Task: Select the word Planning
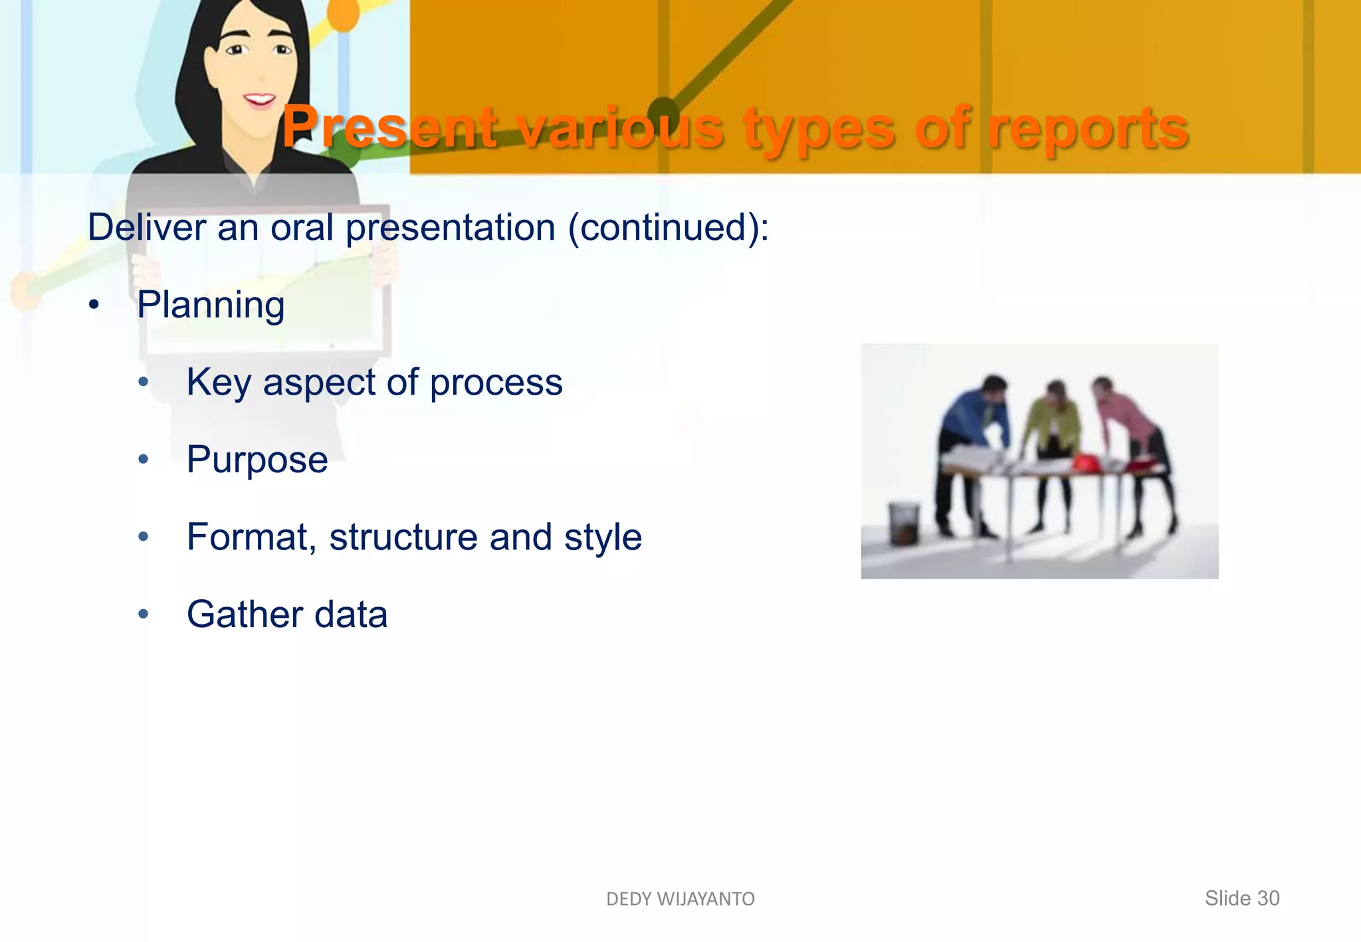(x=211, y=306)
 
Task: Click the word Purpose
(x=257, y=460)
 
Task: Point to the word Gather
(x=244, y=614)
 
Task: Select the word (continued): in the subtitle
(x=668, y=228)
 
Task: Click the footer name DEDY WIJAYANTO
(x=680, y=899)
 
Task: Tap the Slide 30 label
(x=1241, y=898)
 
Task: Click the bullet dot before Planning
(x=94, y=305)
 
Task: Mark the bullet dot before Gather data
(x=144, y=614)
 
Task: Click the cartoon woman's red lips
(x=259, y=100)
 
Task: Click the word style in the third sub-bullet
(x=603, y=537)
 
